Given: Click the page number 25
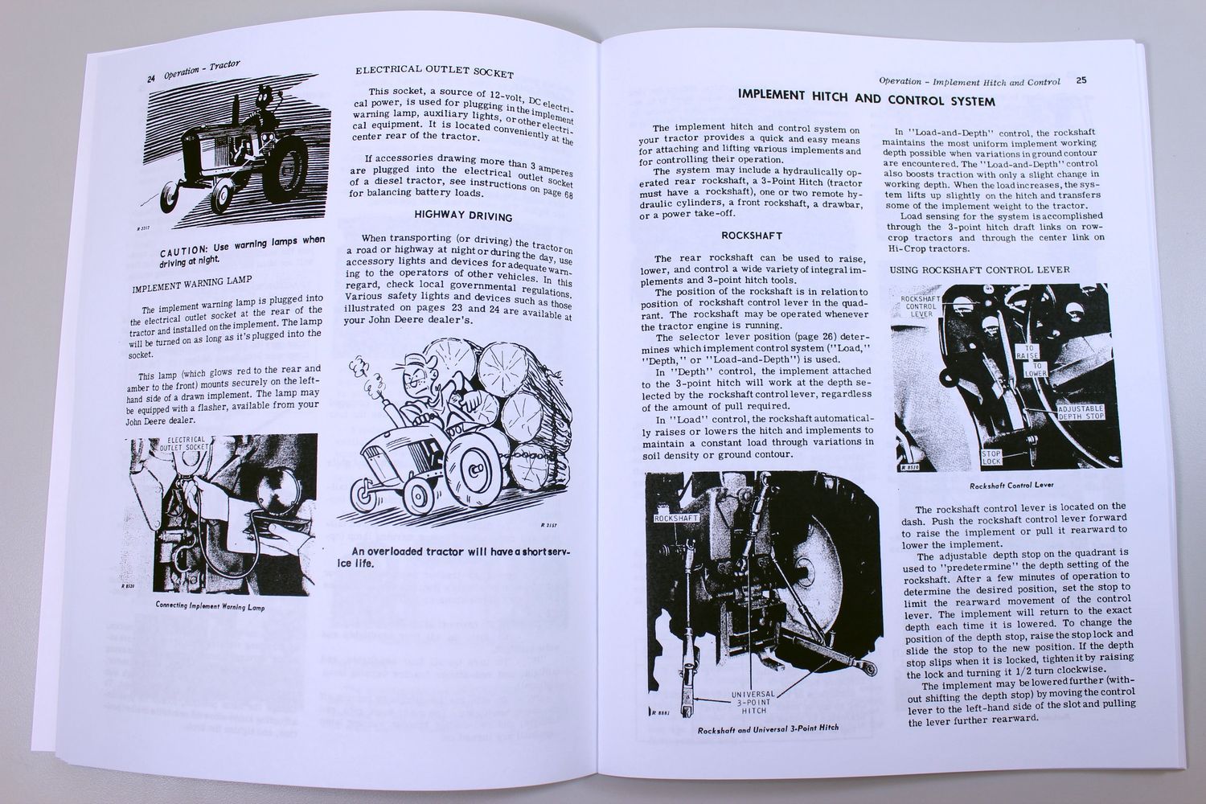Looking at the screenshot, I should click(1081, 80).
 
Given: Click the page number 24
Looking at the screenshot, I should click(150, 78).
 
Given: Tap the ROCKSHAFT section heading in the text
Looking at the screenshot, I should click(748, 236).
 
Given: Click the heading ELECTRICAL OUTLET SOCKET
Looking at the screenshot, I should click(434, 73).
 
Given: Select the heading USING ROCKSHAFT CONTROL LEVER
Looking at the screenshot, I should click(979, 269).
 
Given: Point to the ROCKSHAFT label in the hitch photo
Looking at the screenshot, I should click(675, 519).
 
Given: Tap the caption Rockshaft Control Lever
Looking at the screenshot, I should click(1010, 486).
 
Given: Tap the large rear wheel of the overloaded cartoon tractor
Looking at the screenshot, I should click(474, 474).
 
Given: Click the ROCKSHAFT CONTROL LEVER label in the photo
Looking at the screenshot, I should click(920, 307).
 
